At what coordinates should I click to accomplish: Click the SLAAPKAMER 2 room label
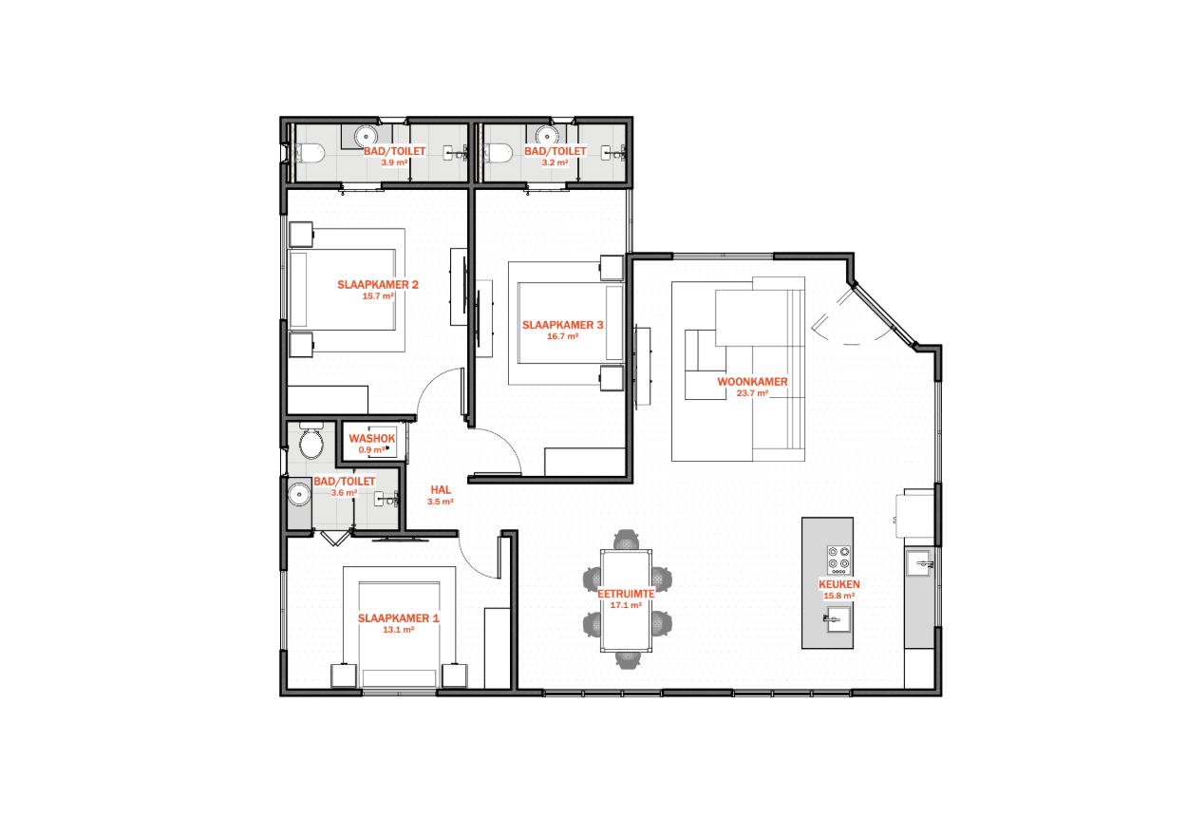(x=378, y=285)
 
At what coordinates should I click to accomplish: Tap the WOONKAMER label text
(x=752, y=382)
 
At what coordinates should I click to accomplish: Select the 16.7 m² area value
(x=563, y=336)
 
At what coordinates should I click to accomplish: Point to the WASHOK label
(x=372, y=438)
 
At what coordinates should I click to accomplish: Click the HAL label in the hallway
(x=441, y=490)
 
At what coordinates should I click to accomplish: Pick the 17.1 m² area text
(x=627, y=605)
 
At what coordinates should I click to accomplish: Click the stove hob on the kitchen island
(x=839, y=560)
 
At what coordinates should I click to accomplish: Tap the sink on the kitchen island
(x=838, y=619)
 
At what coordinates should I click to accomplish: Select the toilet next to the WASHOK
(x=311, y=441)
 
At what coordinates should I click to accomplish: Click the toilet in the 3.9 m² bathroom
(x=310, y=153)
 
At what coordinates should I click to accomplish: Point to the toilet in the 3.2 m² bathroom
(x=499, y=153)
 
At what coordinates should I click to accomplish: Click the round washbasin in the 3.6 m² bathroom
(x=299, y=495)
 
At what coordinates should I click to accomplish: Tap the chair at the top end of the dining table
(x=627, y=540)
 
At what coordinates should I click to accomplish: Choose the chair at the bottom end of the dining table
(x=628, y=660)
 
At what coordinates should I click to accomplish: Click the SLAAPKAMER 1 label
(x=399, y=618)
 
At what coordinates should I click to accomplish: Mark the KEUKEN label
(x=839, y=584)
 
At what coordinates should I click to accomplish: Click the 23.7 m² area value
(x=752, y=393)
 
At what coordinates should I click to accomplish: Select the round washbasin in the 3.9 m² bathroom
(x=366, y=136)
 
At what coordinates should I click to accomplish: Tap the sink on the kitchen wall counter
(x=920, y=563)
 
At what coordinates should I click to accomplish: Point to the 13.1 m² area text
(x=399, y=630)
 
